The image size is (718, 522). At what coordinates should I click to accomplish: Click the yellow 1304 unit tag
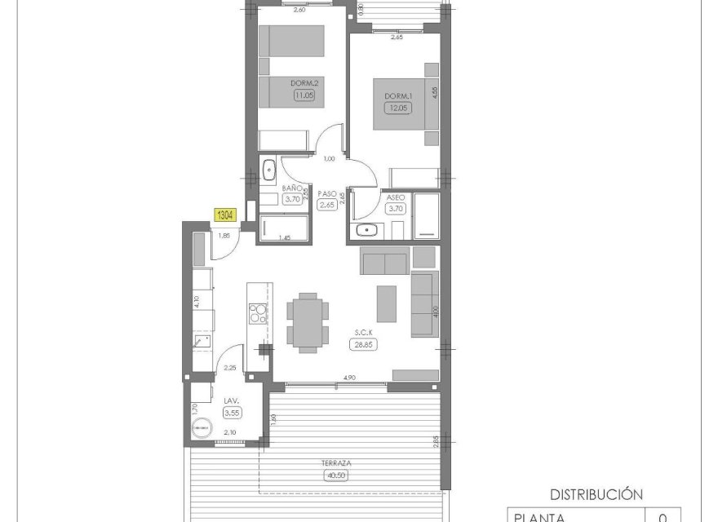point(225,215)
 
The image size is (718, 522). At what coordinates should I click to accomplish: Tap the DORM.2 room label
point(304,83)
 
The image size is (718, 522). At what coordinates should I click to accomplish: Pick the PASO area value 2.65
point(328,206)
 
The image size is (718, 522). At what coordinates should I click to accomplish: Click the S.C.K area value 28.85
point(364,344)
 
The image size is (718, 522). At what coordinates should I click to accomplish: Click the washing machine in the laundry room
point(201,428)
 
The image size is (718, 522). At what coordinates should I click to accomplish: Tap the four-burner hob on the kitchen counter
point(258,313)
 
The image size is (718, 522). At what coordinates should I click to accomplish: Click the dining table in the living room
point(308,321)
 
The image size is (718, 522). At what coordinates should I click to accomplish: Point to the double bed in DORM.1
point(406,104)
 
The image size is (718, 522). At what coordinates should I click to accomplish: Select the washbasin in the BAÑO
point(270,170)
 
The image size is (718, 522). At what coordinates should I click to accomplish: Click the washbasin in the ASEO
point(368,230)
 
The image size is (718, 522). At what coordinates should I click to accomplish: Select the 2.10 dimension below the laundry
point(229,433)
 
